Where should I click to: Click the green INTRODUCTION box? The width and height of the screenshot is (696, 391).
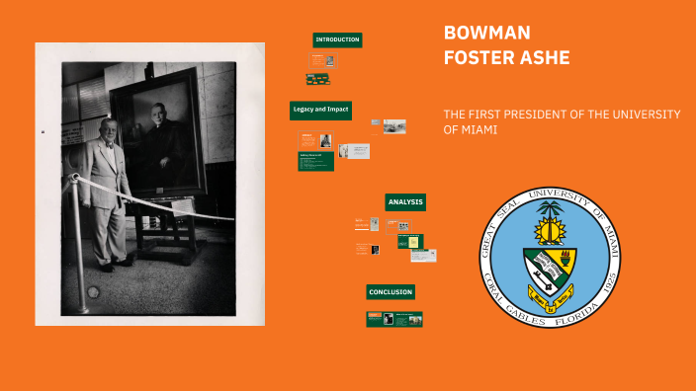(x=337, y=39)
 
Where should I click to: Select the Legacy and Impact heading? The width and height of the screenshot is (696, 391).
(x=320, y=109)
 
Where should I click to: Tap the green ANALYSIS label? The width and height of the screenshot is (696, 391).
(x=405, y=201)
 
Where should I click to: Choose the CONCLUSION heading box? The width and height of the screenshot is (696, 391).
(x=391, y=292)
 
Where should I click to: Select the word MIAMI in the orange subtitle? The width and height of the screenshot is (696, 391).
(x=477, y=129)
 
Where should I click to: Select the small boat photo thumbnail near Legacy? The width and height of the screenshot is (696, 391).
(x=394, y=126)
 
